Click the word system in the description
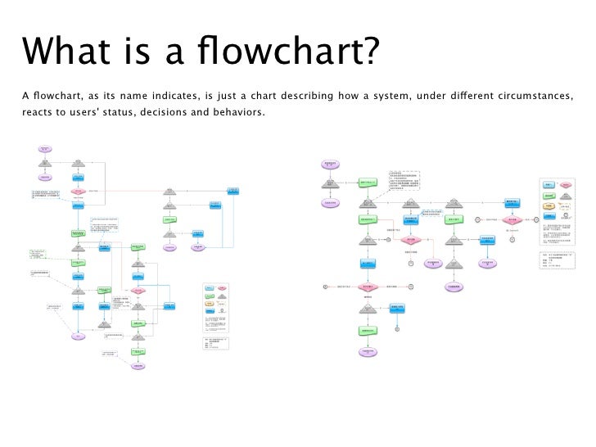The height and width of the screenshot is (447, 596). [396, 98]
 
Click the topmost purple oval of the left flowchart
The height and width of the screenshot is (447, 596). [45, 150]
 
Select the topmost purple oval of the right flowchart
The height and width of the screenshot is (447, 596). [330, 165]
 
